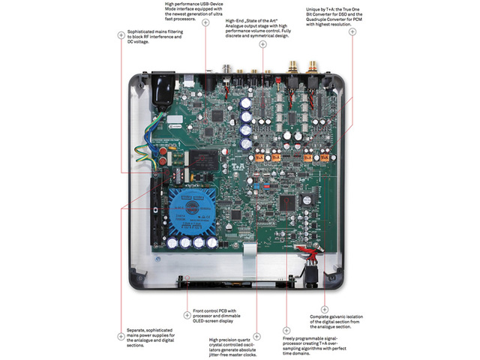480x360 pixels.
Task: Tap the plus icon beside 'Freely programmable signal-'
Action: (x=286, y=331)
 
